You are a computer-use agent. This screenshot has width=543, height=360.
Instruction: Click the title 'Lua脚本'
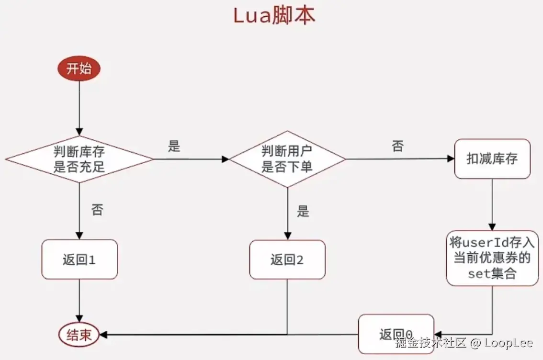point(274,16)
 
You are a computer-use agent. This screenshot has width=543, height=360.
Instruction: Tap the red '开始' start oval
point(79,69)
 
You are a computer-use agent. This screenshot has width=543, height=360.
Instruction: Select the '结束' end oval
point(79,335)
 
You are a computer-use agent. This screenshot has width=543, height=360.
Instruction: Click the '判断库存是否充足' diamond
point(79,159)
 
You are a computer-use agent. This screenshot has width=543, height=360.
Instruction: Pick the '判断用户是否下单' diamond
point(287,159)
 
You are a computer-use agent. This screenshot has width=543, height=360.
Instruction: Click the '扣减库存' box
point(492,159)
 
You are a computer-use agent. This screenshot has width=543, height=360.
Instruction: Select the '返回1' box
point(79,260)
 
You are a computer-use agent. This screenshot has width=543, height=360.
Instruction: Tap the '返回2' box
point(287,260)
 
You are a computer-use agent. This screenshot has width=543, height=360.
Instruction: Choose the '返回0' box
point(396,334)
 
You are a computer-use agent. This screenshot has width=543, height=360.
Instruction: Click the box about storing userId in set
point(492,258)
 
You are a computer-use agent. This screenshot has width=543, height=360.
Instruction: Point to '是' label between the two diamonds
point(174,146)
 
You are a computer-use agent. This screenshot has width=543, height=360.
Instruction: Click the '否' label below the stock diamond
point(97,210)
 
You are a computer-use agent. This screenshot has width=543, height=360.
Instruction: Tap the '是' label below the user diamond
point(303,211)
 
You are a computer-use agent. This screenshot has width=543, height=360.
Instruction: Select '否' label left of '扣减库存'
point(397,146)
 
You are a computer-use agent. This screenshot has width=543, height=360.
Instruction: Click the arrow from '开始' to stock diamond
point(79,108)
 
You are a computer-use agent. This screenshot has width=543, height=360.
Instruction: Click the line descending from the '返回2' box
point(287,306)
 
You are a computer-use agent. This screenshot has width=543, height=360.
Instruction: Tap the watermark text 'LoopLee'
point(508,343)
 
